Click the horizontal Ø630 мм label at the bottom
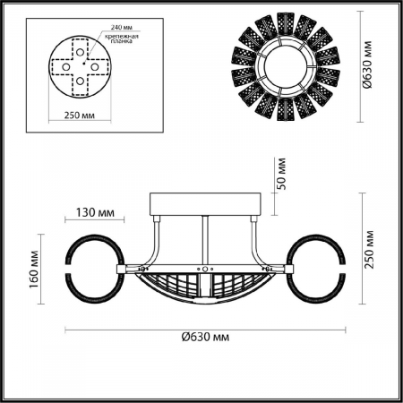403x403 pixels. tap(201, 336)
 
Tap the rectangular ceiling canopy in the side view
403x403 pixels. tap(206, 204)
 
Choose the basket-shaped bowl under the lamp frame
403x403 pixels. tap(206, 288)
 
